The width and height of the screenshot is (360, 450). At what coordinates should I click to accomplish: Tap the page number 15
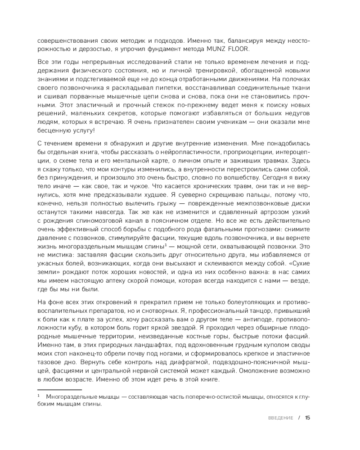click(308, 417)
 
